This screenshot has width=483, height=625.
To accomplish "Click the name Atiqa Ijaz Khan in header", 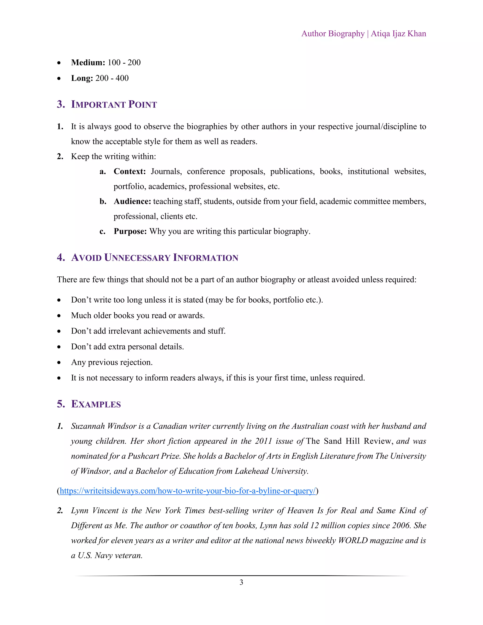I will tap(398, 34).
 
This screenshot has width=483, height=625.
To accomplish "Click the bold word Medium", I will tap(88, 62).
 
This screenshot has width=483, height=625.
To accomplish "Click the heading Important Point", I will tap(114, 104).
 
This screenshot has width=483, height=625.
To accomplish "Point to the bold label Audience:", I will tap(132, 201).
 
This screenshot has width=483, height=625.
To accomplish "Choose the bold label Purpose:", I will tap(130, 231).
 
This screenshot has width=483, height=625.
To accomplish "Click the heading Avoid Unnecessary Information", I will tap(154, 258).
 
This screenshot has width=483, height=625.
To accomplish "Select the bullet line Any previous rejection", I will tap(112, 362).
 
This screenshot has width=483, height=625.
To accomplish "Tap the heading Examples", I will tap(96, 404).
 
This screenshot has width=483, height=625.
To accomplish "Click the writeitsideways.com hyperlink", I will tap(188, 491).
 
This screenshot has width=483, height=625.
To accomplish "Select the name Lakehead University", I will tap(271, 471).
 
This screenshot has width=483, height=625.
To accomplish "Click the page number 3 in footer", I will tap(241, 582).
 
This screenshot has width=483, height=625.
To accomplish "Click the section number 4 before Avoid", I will tap(60, 258).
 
